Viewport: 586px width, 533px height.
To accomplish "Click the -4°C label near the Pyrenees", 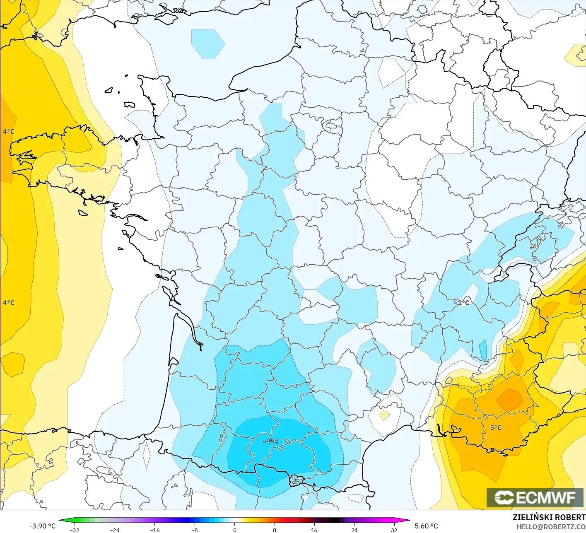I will [271, 441].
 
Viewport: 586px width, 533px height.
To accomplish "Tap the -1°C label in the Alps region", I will [462, 303].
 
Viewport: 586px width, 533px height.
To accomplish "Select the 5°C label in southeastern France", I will [496, 428].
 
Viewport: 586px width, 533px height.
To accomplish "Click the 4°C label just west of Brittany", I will [9, 132].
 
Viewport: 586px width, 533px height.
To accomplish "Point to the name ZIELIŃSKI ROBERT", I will [549, 517].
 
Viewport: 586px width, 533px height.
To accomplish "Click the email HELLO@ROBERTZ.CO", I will [551, 527].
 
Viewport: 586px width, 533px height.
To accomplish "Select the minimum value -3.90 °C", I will [42, 526].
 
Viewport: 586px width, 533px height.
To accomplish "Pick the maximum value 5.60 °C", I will [426, 526].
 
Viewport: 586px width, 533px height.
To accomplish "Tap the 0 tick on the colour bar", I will [234, 530].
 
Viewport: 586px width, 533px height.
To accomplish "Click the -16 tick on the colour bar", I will [154, 530].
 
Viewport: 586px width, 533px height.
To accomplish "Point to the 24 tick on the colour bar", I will [354, 530].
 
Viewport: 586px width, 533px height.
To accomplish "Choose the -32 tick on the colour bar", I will [75, 530].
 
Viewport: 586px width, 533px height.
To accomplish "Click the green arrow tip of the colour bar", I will [60, 521].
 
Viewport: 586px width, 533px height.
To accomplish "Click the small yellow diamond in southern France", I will [384, 415].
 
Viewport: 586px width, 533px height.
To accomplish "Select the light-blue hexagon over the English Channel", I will [208, 43].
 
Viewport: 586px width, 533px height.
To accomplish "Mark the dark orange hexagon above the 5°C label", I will [510, 400].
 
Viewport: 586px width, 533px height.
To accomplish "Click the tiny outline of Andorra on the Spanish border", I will [297, 480].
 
